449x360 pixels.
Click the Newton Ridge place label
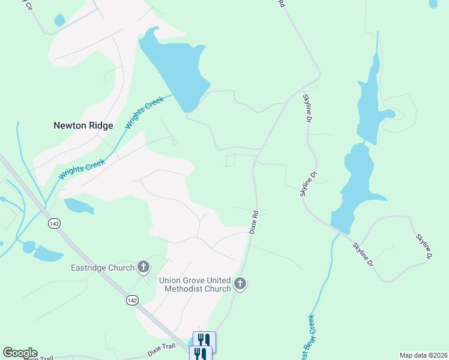tap(83, 125)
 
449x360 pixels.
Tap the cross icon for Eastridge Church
tap(143, 266)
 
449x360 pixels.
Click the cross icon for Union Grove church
tap(240, 283)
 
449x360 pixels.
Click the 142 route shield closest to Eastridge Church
tap(132, 299)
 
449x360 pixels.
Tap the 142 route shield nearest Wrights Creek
tap(55, 223)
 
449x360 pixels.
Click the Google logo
tap(20, 352)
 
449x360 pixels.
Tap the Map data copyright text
tap(423, 355)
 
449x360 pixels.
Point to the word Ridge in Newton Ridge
tap(99, 125)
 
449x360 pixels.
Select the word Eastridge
tap(89, 268)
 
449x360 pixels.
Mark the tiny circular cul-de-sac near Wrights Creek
tap(175, 142)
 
